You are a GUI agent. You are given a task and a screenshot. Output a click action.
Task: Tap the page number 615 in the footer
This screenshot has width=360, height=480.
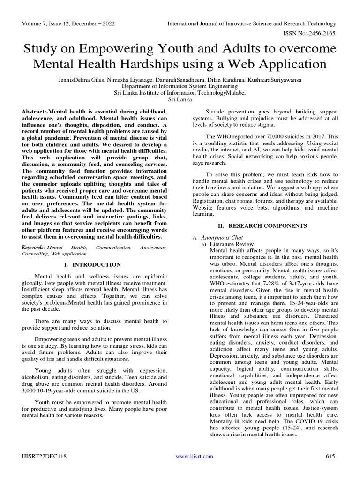click(x=331, y=456)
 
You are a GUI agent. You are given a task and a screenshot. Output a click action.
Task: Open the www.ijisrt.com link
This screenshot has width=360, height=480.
click(x=194, y=456)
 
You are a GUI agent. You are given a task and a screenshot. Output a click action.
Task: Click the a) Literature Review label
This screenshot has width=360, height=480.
click(x=227, y=244)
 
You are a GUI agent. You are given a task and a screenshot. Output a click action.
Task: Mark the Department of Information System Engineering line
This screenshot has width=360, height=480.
click(x=180, y=86)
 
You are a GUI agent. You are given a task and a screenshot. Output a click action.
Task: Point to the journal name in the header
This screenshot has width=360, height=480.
click(x=252, y=24)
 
